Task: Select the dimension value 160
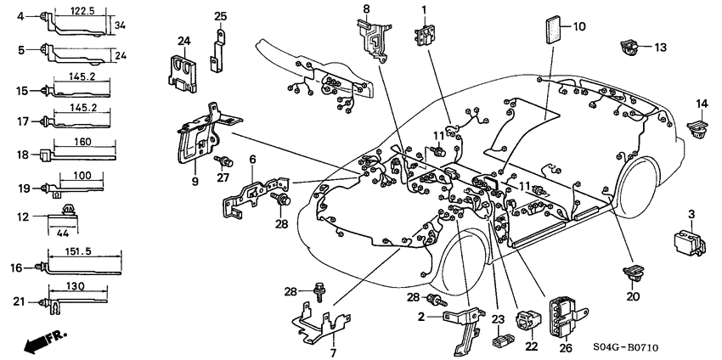point(84,143)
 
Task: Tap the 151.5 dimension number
point(82,252)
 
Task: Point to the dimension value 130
point(75,286)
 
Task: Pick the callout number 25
point(220,16)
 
